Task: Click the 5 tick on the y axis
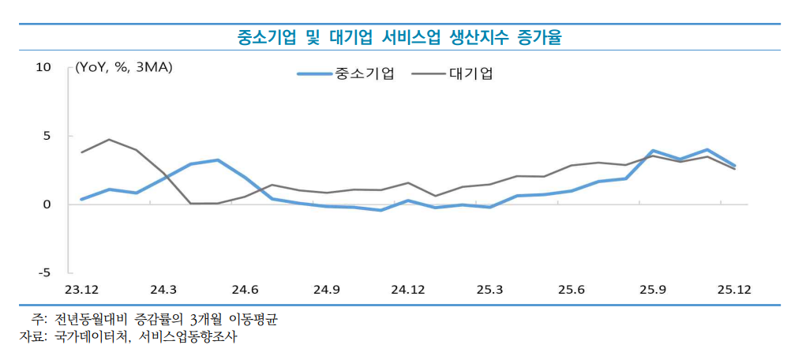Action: click(x=47, y=136)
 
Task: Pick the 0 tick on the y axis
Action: click(x=47, y=204)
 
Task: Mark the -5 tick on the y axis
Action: click(x=44, y=272)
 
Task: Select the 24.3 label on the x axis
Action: click(x=163, y=290)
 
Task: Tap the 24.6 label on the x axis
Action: click(x=245, y=290)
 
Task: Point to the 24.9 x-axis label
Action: click(x=326, y=290)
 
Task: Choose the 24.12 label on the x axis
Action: click(x=407, y=290)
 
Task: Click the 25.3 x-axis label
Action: click(x=489, y=290)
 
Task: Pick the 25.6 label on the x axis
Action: click(x=571, y=290)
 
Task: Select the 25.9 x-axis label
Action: click(x=652, y=290)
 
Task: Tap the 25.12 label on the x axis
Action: click(x=733, y=290)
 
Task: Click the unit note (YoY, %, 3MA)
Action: click(x=123, y=67)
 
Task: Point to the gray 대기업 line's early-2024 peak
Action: click(x=109, y=140)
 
